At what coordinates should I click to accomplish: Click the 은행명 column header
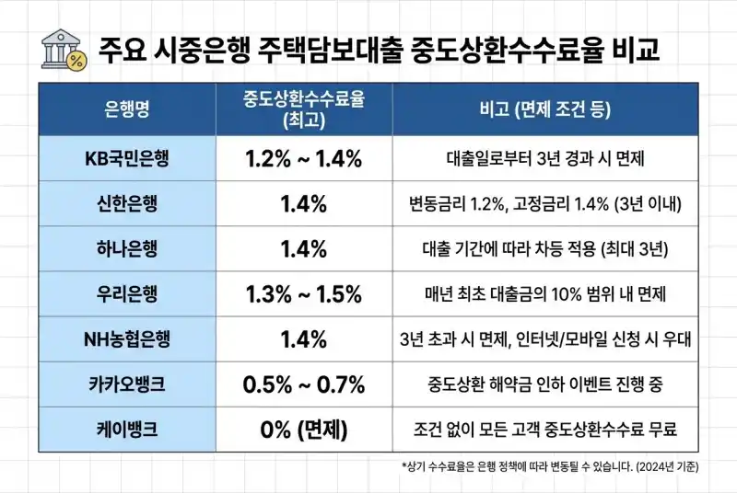tap(126, 111)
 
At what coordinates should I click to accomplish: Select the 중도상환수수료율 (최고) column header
tap(303, 111)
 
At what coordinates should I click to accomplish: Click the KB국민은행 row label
tap(126, 158)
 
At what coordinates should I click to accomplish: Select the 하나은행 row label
tap(126, 249)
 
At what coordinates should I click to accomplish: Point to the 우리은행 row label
tap(126, 294)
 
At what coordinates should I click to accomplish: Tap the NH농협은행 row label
tap(126, 339)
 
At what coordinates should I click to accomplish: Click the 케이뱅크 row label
tap(126, 429)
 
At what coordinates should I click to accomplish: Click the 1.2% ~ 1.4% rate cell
tap(303, 158)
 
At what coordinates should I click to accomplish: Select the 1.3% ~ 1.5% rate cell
tap(303, 294)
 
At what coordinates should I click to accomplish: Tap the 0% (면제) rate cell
tap(303, 429)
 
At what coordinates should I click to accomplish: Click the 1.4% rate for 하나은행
tap(303, 249)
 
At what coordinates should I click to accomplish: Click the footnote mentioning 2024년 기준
tap(550, 465)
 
